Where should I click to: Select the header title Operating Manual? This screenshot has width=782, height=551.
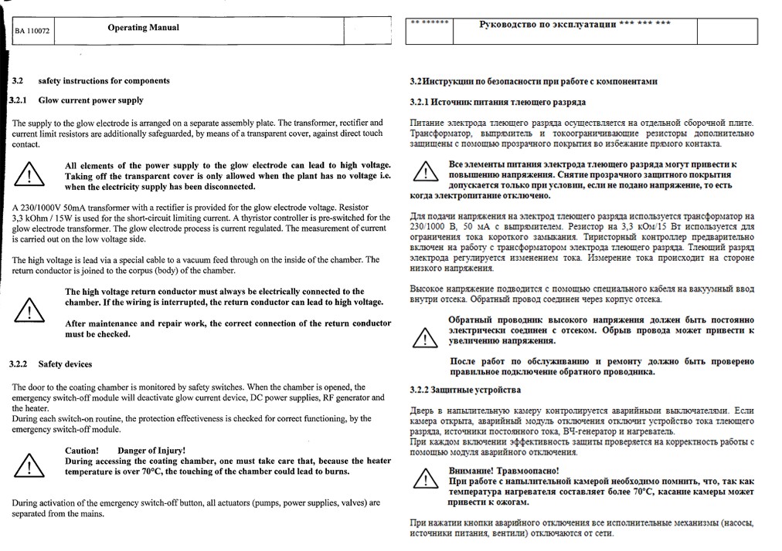(143, 28)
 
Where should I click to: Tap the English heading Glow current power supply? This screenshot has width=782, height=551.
(90, 100)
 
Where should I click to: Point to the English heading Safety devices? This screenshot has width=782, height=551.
(65, 364)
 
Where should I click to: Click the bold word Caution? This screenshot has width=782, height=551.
(81, 450)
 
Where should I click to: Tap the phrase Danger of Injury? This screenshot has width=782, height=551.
(151, 450)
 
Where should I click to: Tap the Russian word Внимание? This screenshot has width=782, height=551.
(472, 471)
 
